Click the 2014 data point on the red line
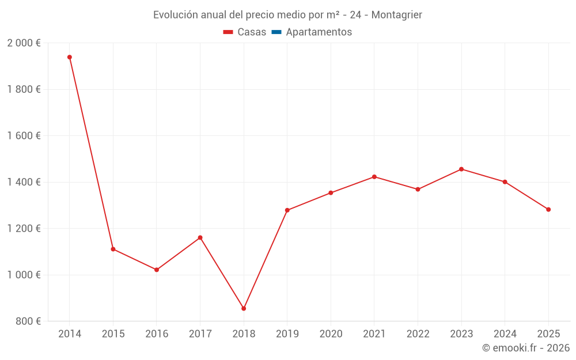tap(70, 57)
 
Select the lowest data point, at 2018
tap(244, 309)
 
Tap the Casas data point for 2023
tap(461, 169)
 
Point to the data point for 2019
tap(287, 210)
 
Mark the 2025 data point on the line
tap(548, 210)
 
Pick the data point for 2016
tap(157, 270)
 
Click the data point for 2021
tap(374, 177)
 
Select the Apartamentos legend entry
tap(319, 32)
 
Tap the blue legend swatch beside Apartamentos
tap(276, 32)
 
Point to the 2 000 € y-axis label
tap(24, 43)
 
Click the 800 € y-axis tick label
tap(28, 321)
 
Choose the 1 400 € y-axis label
tap(24, 182)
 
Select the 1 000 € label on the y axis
tap(24, 275)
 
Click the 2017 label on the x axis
tap(200, 334)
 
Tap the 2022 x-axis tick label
tap(418, 334)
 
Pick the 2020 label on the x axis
tap(331, 334)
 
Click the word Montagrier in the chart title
tap(396, 15)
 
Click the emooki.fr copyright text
tap(526, 348)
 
